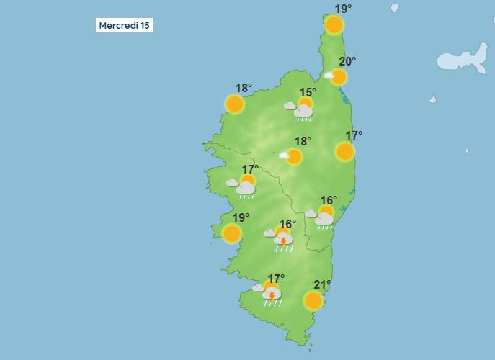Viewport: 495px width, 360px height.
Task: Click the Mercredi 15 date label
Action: [125, 25]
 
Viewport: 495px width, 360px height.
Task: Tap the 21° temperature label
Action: [322, 284]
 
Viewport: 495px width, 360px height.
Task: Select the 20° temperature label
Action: [347, 61]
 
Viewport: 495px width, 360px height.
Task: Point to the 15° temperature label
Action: [308, 92]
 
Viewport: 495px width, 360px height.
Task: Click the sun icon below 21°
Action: [313, 300]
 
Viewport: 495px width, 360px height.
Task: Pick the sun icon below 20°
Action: [339, 77]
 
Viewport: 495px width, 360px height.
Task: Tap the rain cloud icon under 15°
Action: [303, 112]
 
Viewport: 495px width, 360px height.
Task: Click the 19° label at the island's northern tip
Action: [343, 9]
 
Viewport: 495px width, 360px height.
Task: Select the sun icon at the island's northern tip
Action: [334, 26]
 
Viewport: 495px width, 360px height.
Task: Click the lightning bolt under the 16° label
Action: [283, 240]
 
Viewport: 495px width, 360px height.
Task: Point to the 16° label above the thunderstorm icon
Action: [287, 224]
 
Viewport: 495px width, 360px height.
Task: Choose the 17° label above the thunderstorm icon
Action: [276, 279]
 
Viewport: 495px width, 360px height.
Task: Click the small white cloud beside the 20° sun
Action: [329, 75]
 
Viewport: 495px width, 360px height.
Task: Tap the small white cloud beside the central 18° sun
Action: [284, 155]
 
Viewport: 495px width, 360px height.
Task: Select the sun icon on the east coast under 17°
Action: [344, 151]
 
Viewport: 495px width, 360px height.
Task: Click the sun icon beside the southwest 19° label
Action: [232, 233]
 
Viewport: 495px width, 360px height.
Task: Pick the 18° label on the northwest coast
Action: [244, 88]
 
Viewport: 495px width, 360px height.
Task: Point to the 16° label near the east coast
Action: [329, 200]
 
